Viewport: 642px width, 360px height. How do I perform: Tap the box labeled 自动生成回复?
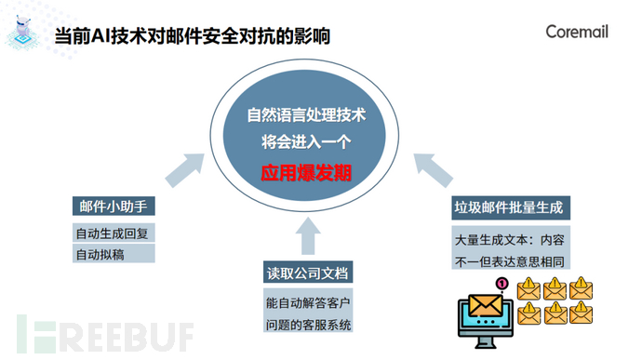[x=113, y=232]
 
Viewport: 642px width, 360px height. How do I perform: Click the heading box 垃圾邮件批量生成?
[x=511, y=206]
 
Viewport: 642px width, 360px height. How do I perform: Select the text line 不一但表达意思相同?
[x=510, y=260]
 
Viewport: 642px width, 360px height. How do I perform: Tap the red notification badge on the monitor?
[x=502, y=285]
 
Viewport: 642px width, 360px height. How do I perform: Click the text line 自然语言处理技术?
[x=306, y=117]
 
